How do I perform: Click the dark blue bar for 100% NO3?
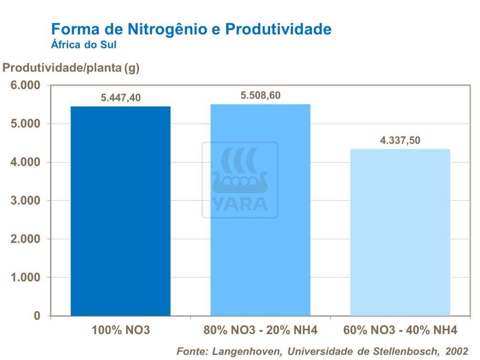click(x=120, y=211)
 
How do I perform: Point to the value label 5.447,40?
click(x=121, y=98)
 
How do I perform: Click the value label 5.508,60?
click(x=261, y=95)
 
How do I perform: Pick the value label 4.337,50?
click(x=400, y=141)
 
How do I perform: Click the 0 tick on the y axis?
click(x=37, y=316)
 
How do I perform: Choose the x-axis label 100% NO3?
click(x=121, y=330)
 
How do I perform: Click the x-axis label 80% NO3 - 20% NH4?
click(x=261, y=330)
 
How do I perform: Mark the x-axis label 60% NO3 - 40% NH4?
click(x=400, y=330)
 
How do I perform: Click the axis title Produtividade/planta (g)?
click(x=71, y=68)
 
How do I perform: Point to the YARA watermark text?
click(x=240, y=204)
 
